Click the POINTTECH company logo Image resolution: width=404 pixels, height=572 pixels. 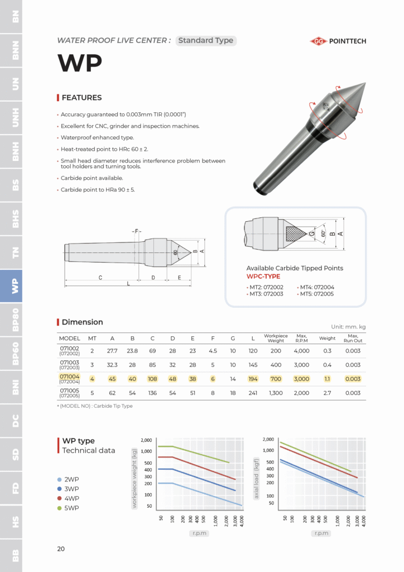click(x=338, y=41)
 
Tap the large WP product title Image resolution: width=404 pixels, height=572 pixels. click(x=80, y=63)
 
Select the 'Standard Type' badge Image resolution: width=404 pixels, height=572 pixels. click(x=206, y=41)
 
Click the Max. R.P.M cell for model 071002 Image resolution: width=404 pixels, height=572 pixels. click(x=301, y=351)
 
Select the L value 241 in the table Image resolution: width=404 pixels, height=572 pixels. click(x=253, y=392)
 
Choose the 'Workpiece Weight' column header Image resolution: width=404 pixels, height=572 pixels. click(x=276, y=339)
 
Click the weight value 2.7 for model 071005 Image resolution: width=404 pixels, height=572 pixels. click(x=328, y=392)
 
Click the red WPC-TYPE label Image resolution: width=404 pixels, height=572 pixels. click(x=263, y=277)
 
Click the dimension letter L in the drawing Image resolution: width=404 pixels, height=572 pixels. click(x=128, y=284)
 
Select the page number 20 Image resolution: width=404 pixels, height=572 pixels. click(x=61, y=549)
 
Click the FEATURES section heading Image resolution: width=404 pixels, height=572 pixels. click(x=81, y=98)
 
